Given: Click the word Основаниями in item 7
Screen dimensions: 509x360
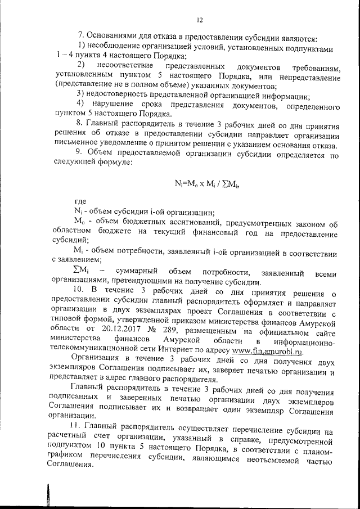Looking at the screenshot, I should coord(112,39).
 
